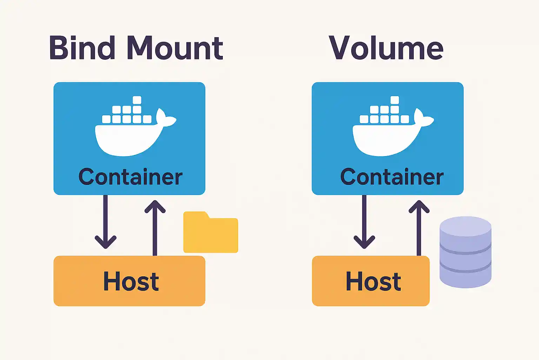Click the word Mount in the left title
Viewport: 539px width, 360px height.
(175, 48)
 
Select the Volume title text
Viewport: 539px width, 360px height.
(386, 48)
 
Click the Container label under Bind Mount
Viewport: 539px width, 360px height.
(130, 176)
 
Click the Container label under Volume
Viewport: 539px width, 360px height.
(392, 176)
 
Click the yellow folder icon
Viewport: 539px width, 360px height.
(211, 234)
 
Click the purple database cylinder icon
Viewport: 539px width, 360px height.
(465, 252)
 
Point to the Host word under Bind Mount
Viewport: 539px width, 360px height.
(131, 281)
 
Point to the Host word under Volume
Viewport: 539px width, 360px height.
(373, 281)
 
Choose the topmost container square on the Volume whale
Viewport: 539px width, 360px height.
(395, 100)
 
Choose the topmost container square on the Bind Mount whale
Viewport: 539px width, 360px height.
(137, 100)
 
